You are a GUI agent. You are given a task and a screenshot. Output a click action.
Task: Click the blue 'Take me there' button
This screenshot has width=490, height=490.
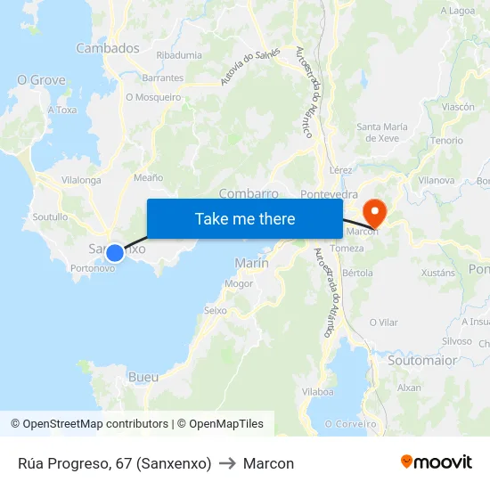(244, 218)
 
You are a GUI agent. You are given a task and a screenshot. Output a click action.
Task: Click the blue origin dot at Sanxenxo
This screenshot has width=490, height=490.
(114, 253)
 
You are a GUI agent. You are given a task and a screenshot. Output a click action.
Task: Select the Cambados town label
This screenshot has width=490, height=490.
(107, 48)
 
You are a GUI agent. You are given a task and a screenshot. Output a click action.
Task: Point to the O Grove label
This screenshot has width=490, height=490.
(41, 80)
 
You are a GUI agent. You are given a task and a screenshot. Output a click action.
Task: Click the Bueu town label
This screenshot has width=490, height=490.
(143, 377)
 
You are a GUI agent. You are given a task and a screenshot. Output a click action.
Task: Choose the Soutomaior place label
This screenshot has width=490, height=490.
(422, 361)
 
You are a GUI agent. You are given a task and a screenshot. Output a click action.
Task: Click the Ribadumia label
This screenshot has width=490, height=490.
(178, 55)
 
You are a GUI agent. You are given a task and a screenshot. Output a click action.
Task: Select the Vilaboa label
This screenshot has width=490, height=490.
(317, 391)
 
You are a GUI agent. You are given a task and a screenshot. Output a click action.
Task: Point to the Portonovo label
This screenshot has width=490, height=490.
(93, 268)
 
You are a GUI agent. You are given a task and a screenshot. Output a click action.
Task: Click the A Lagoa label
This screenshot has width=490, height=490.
(458, 11)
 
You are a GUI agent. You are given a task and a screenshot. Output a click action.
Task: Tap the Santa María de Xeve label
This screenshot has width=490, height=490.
(382, 133)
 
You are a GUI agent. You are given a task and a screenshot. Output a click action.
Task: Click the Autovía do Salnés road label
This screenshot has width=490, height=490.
(250, 67)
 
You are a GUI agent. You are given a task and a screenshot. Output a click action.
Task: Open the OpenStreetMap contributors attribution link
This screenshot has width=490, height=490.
(89, 424)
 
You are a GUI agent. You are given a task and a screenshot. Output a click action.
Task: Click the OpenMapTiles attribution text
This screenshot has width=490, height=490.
(224, 424)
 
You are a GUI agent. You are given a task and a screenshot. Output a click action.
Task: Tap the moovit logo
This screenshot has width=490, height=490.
(437, 462)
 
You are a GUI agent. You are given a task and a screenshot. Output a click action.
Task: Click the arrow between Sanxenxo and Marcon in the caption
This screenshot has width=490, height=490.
(227, 463)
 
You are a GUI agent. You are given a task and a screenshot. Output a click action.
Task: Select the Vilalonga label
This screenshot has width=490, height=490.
(81, 179)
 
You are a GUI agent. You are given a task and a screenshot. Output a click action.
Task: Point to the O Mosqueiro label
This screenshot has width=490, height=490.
(153, 97)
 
